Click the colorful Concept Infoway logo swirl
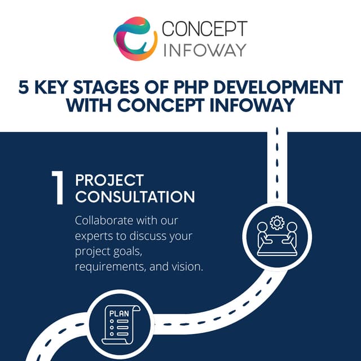coord(135,38)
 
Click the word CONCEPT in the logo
coord(204,29)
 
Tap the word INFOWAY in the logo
coord(204,49)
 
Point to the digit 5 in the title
coord(24,87)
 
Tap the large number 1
coord(58,189)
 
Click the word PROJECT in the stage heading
coord(109,180)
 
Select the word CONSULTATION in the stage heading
coord(135,197)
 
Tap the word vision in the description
coord(186,266)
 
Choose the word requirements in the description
coord(109,266)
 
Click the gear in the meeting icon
coord(276,222)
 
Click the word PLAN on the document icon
coord(119,314)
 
